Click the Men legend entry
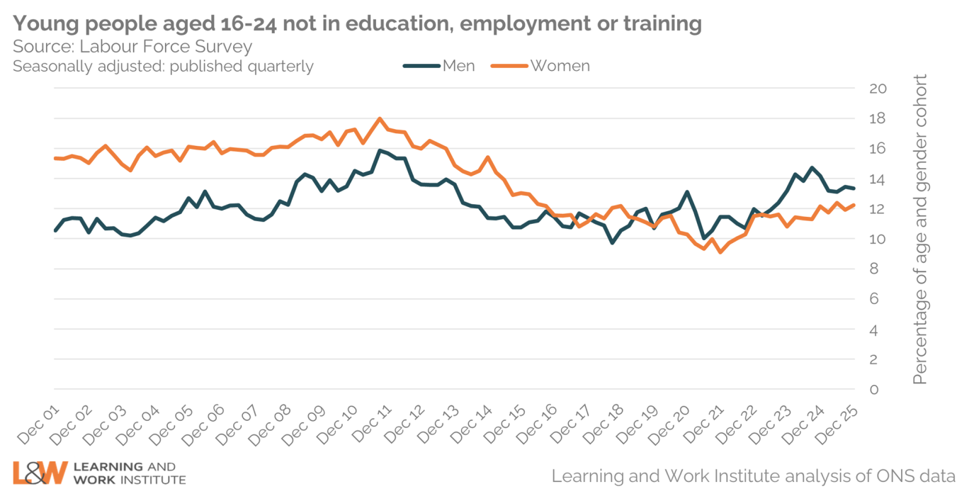(439, 66)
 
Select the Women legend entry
(545, 66)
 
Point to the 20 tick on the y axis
(878, 89)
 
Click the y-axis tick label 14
(878, 179)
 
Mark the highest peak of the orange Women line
(380, 118)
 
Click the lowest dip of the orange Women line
(720, 252)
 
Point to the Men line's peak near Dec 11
(380, 150)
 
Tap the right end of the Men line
(854, 188)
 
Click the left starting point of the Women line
(55, 158)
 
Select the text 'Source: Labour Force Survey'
(132, 47)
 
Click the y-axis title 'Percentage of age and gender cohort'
(919, 230)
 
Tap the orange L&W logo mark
(40, 472)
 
